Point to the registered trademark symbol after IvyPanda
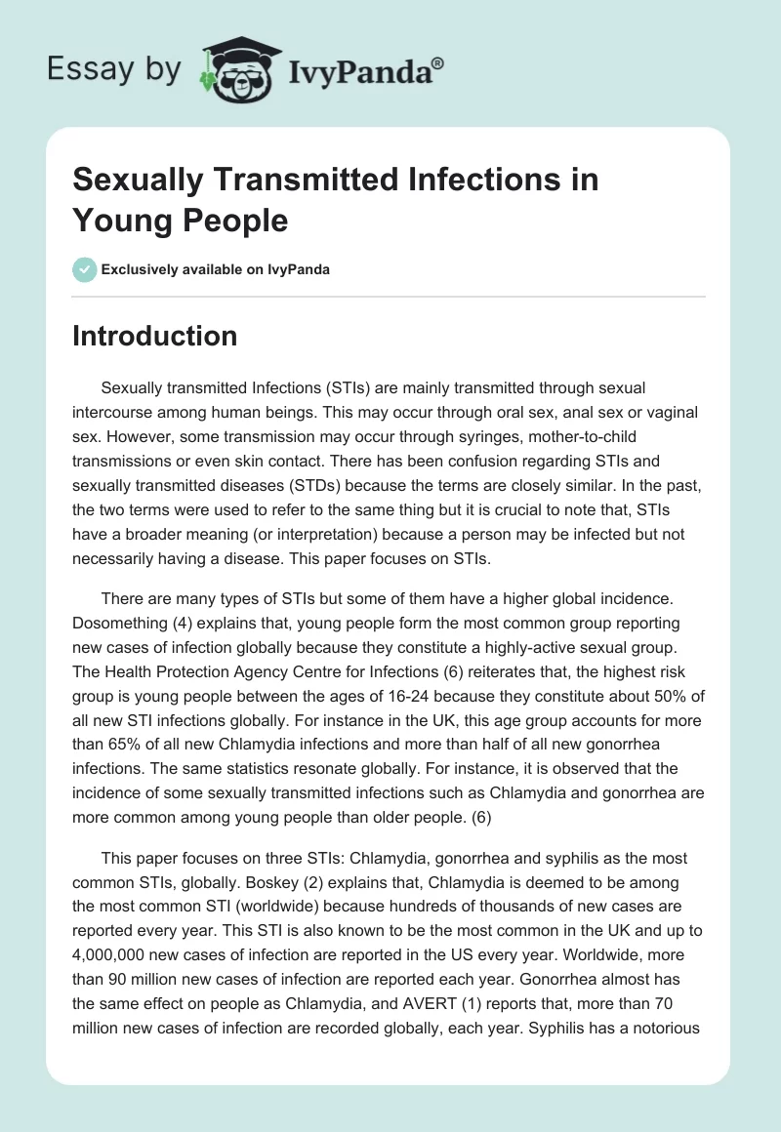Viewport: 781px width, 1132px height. coord(438,61)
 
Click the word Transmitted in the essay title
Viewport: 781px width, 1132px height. coord(311,181)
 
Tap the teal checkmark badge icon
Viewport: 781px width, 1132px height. coord(85,269)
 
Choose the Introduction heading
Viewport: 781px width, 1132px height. coord(155,336)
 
